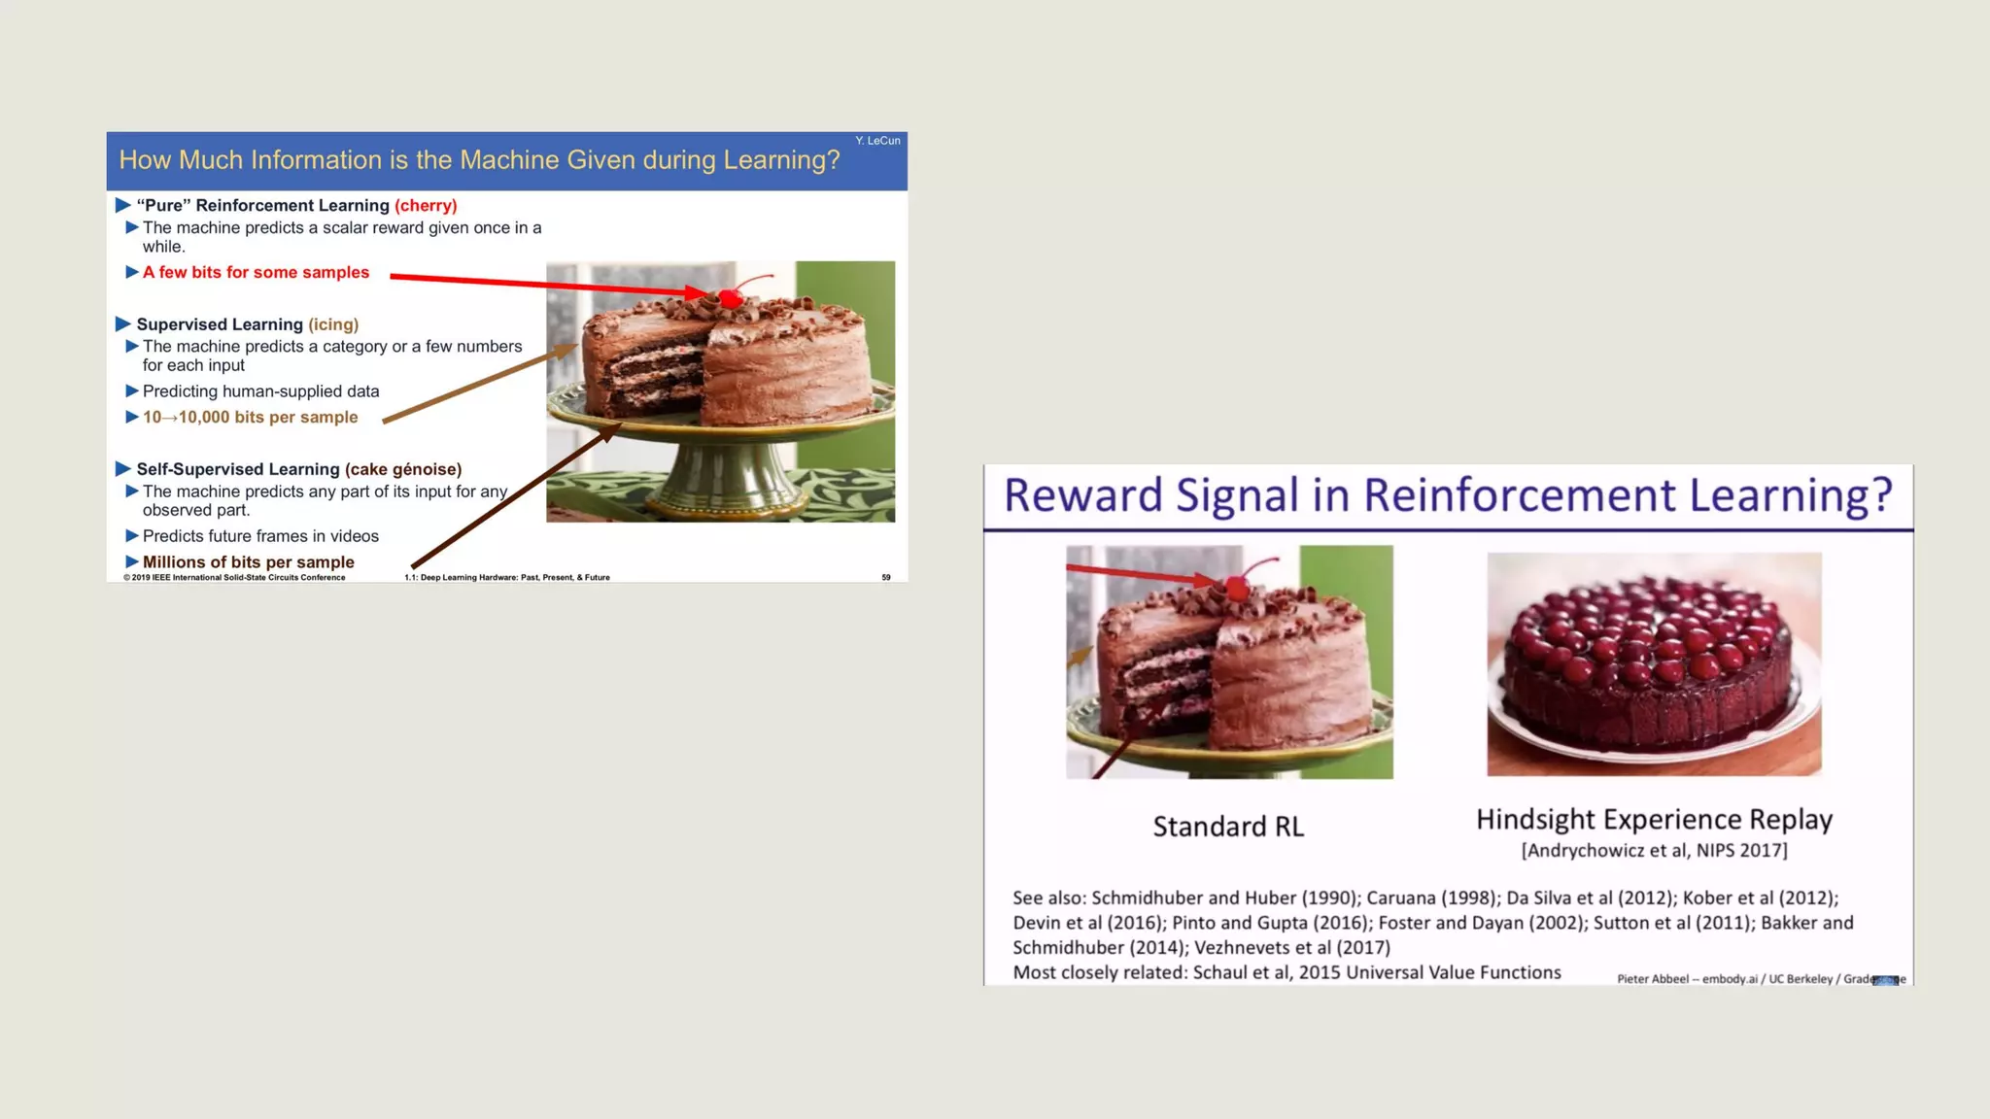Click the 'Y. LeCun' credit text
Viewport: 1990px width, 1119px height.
[x=877, y=141]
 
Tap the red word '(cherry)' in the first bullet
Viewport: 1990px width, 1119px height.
[x=426, y=206]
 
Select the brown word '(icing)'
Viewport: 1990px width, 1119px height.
[x=333, y=324]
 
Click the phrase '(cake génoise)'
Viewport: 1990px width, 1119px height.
[x=403, y=469]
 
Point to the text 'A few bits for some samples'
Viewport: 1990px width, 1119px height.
[x=256, y=273]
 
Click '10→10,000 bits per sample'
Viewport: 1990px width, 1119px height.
[x=250, y=418]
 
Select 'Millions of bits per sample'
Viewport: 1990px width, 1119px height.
[x=248, y=562]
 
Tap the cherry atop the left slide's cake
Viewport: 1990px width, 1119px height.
[x=731, y=297]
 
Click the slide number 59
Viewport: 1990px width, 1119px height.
[x=886, y=578]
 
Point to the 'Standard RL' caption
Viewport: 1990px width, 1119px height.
[x=1228, y=827]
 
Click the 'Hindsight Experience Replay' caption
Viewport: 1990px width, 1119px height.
[x=1654, y=820]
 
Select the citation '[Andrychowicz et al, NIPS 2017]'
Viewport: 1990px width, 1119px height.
[x=1654, y=851]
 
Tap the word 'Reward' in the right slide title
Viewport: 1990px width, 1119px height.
[x=1082, y=495]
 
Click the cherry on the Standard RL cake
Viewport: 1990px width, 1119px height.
[x=1237, y=587]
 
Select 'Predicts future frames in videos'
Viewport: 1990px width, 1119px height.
[x=260, y=536]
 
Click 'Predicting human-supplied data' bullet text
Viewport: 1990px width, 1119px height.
[x=260, y=391]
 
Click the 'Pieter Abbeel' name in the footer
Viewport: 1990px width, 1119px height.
[x=1652, y=979]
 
